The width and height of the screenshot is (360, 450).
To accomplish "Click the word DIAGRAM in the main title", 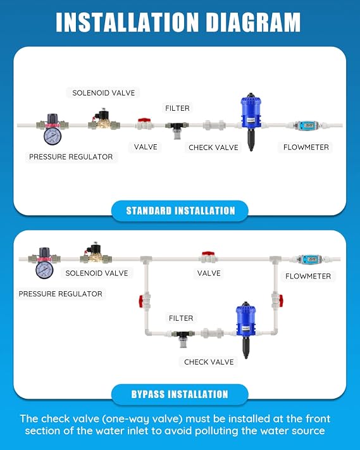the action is [x=253, y=22].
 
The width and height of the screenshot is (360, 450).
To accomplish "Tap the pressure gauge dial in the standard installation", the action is [x=53, y=137].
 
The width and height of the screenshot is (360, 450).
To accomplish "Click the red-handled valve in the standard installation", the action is [x=145, y=123].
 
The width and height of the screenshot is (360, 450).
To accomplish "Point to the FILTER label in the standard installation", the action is [x=177, y=108].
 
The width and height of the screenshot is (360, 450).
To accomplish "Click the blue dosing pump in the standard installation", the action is [x=251, y=121].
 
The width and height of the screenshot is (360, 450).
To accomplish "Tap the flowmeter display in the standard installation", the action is [x=308, y=125].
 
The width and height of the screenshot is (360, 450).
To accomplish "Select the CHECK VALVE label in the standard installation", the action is [x=213, y=147].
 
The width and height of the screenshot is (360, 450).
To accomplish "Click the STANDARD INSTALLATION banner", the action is [x=180, y=211].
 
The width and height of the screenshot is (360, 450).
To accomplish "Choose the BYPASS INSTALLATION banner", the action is [x=180, y=394].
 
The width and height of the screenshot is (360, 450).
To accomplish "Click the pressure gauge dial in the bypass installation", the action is [x=44, y=270].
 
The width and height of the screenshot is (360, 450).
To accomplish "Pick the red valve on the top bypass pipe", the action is [x=208, y=258].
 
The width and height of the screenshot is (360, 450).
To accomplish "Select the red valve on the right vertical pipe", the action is [x=277, y=300].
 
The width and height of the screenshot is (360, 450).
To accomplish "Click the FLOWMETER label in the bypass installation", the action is [x=308, y=277].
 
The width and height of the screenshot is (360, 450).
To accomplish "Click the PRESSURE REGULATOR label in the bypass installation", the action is [x=61, y=294].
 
